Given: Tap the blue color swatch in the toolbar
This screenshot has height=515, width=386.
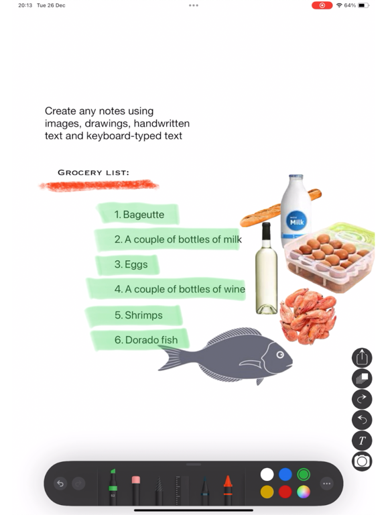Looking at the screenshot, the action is pos(285,474).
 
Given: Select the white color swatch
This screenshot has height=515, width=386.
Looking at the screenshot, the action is pos(267,474).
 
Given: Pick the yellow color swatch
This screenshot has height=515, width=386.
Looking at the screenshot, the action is pos(267,492).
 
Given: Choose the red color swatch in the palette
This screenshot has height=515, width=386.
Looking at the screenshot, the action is pos(285,492).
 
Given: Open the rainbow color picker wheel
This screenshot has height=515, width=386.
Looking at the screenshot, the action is pos(304,492).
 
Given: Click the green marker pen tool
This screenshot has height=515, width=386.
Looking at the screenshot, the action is pos(113,487).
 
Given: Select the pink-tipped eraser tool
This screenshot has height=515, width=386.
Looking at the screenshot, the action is pos(136,490).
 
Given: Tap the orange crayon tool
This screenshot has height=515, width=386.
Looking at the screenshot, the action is pos(228,490).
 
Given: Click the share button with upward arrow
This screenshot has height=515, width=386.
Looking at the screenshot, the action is pos(362,357).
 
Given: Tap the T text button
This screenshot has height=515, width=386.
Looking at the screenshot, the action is pos(362,441).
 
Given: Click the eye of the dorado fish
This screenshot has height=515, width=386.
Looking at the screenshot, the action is pos(280,355).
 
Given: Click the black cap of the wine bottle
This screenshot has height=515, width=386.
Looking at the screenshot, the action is pos(266,231).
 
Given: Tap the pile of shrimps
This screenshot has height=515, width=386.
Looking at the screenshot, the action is pos(308,316).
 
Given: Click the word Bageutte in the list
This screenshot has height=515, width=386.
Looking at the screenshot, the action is pos(144,215).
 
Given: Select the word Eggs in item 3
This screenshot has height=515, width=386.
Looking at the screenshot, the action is pos(136,265).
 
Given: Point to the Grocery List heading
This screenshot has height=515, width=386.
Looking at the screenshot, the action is pos(93,172).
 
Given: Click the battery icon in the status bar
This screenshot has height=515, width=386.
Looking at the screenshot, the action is pos(363,5).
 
